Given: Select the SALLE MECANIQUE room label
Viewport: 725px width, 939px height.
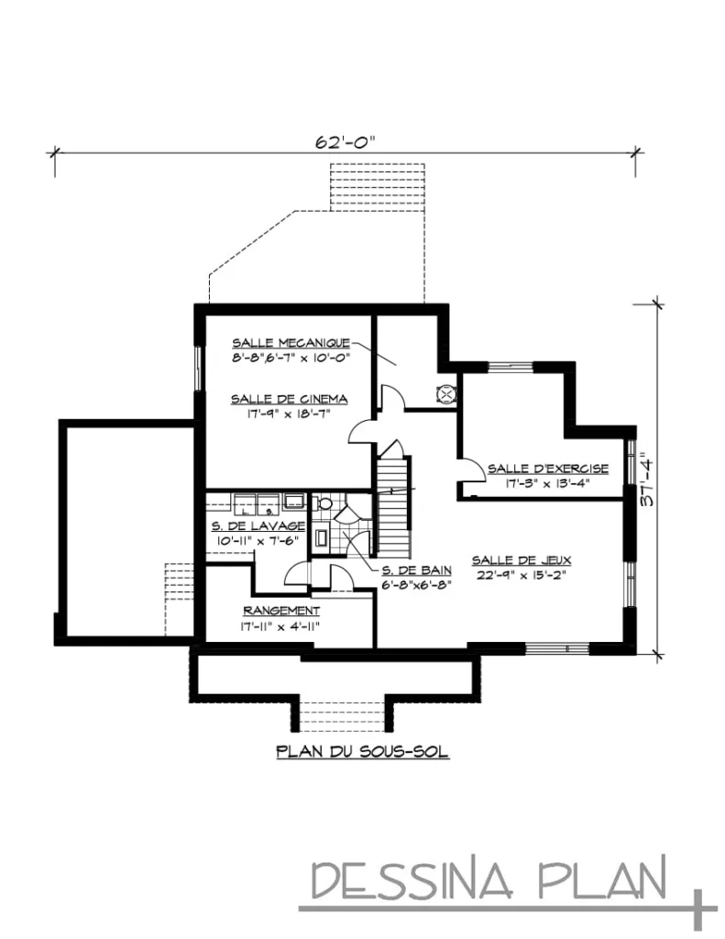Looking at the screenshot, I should coord(291,341).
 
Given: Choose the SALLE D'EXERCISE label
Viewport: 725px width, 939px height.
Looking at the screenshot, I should coord(547,467).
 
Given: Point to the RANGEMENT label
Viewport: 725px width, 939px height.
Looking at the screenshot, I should coord(281,610).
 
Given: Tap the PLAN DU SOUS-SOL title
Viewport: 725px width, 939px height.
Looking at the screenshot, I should coord(362,752).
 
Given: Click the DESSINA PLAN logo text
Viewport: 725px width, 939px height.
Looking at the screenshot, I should coord(490,879).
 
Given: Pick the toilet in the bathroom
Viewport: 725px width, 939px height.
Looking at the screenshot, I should coord(324,504).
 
